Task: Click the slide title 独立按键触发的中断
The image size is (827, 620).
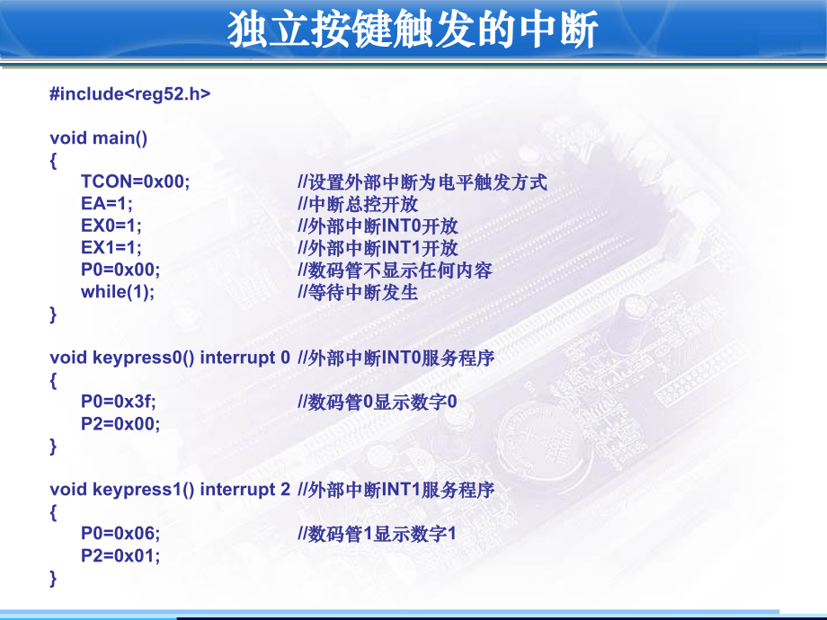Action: [413, 31]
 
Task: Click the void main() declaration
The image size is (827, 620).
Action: [98, 137]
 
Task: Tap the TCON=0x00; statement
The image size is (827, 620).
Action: [135, 182]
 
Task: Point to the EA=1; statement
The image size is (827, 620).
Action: [106, 204]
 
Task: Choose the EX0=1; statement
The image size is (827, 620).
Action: [111, 226]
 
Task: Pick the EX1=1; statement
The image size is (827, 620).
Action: [111, 248]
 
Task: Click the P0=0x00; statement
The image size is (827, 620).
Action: [120, 270]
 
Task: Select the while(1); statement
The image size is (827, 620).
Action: [117, 292]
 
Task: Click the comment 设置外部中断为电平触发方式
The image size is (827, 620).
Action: [422, 182]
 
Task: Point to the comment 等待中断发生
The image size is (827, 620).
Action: [357, 292]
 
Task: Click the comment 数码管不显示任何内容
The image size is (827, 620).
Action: [395, 270]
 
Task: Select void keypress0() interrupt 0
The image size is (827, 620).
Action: [170, 358]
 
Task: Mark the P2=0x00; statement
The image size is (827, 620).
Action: [120, 424]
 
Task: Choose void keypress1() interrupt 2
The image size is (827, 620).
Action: [170, 490]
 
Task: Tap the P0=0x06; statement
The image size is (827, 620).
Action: [120, 534]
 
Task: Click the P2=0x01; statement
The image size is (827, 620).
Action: [120, 556]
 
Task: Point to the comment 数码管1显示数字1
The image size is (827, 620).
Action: [378, 534]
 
